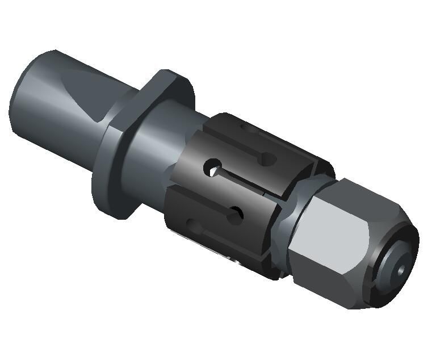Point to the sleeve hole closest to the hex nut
[x=234, y=215]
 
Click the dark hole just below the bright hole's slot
[x=234, y=215]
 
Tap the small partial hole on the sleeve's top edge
[x=265, y=158]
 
